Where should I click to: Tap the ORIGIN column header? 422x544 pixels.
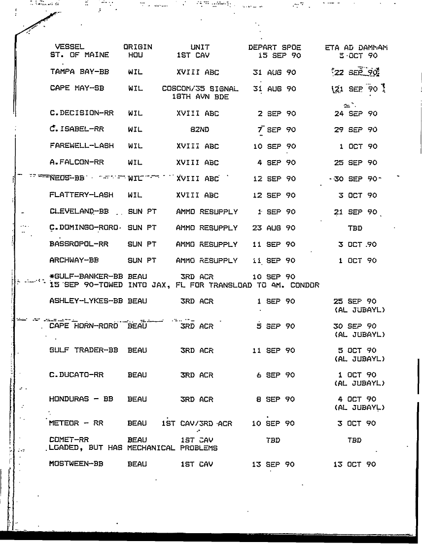click(138, 47)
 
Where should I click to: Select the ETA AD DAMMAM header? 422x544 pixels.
click(356, 48)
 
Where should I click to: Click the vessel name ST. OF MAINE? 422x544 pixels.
click(75, 56)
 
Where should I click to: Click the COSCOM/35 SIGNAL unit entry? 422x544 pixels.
click(200, 89)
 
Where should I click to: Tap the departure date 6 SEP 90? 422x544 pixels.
click(276, 375)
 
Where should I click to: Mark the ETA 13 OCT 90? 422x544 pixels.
click(355, 464)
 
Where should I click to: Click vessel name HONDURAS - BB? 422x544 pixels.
click(82, 399)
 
